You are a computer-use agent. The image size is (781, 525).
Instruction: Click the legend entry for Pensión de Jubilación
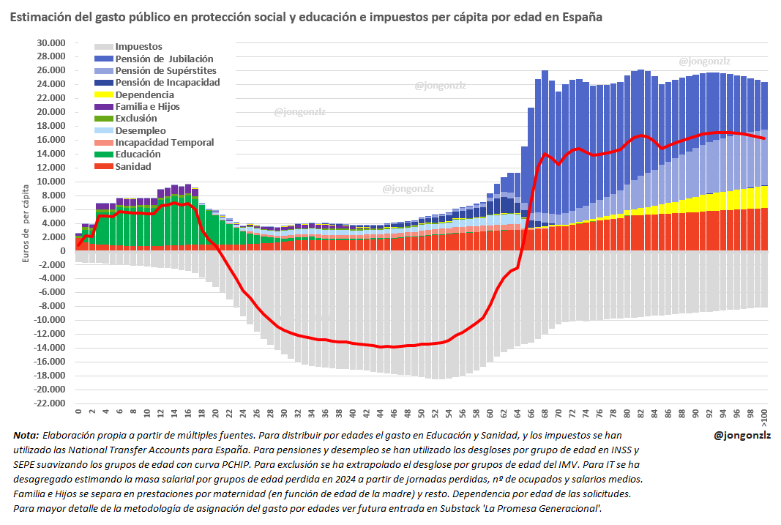[164, 59]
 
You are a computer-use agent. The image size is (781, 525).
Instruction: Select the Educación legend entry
[138, 154]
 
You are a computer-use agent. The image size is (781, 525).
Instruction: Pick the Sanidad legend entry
[133, 166]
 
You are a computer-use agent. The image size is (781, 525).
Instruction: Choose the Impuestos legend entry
[138, 47]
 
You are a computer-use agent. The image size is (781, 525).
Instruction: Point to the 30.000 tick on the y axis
[51, 42]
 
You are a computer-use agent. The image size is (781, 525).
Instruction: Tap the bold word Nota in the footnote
[26, 435]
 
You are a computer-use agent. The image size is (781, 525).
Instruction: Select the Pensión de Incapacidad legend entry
[168, 83]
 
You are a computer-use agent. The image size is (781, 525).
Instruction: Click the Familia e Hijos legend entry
[147, 107]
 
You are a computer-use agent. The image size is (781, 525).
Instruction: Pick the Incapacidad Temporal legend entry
[165, 143]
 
